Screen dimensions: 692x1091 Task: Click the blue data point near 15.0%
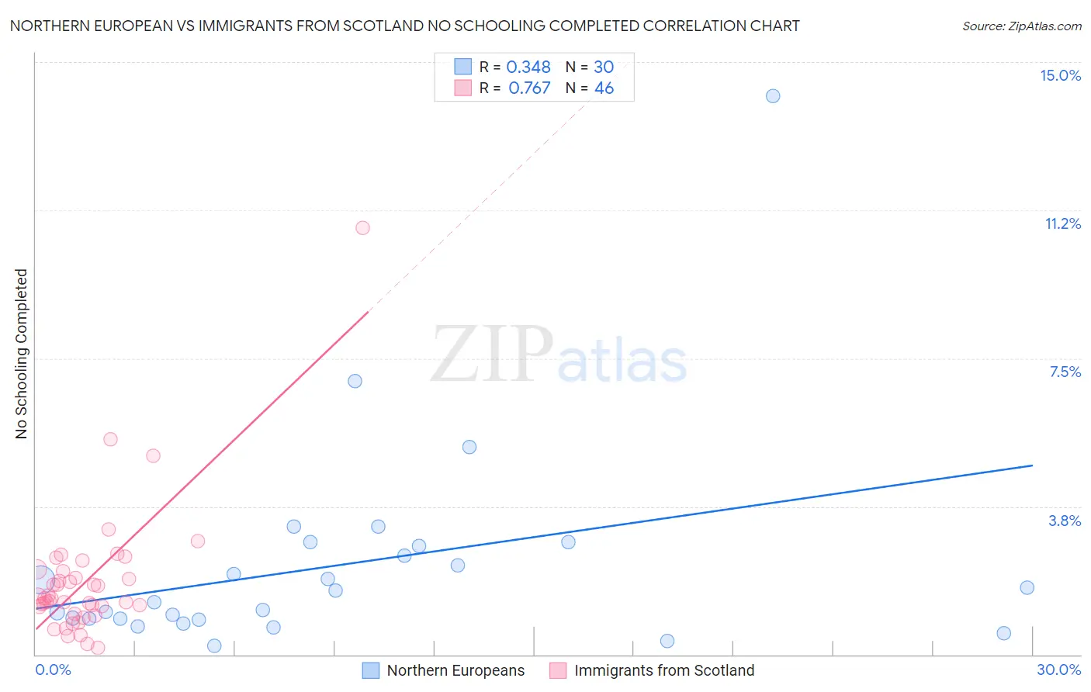(x=773, y=96)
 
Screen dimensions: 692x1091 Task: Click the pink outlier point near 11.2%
(x=362, y=228)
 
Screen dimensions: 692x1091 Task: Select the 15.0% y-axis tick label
(x=1060, y=75)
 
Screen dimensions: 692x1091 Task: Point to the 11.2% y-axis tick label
(x=1062, y=223)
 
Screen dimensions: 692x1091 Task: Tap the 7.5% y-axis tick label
(x=1065, y=372)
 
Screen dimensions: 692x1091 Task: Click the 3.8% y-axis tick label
(x=1065, y=521)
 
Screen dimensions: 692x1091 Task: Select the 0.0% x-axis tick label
(x=54, y=670)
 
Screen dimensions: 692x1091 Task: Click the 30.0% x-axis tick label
(x=1058, y=670)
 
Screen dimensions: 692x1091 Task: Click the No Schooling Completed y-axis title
(x=21, y=354)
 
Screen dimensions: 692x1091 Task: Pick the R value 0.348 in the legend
(x=528, y=67)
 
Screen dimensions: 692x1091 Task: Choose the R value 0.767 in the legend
(x=529, y=88)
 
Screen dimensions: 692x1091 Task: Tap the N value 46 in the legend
(x=604, y=88)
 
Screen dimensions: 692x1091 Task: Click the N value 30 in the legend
(x=604, y=67)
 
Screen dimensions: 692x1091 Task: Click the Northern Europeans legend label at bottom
(x=455, y=670)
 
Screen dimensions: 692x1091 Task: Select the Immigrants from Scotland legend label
(x=664, y=670)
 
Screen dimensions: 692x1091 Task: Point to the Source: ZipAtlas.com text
(x=1021, y=26)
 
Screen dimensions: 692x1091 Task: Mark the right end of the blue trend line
(x=1032, y=465)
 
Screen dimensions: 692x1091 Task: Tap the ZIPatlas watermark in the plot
(x=559, y=355)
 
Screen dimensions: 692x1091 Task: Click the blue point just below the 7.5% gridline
(x=355, y=381)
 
